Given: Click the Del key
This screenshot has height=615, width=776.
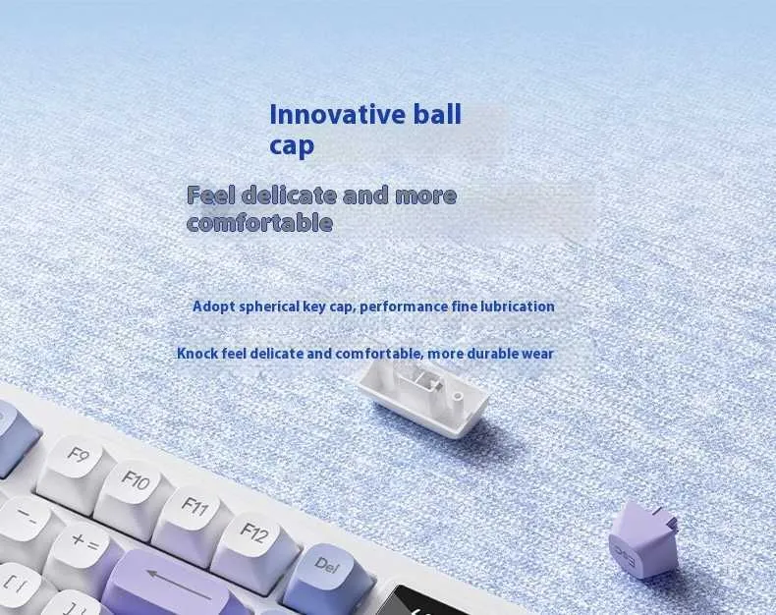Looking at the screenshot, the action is (x=330, y=575).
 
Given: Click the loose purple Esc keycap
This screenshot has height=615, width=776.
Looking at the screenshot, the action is (x=644, y=540).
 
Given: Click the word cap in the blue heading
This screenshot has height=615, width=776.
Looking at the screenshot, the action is (x=292, y=145).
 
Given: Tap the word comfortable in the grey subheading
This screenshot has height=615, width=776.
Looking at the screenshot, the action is (x=260, y=222).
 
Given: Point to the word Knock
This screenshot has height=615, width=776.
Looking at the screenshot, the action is (x=197, y=354).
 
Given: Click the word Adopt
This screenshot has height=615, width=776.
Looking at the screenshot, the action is (x=214, y=307).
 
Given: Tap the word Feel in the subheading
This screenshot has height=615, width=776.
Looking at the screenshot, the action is (x=211, y=195).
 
